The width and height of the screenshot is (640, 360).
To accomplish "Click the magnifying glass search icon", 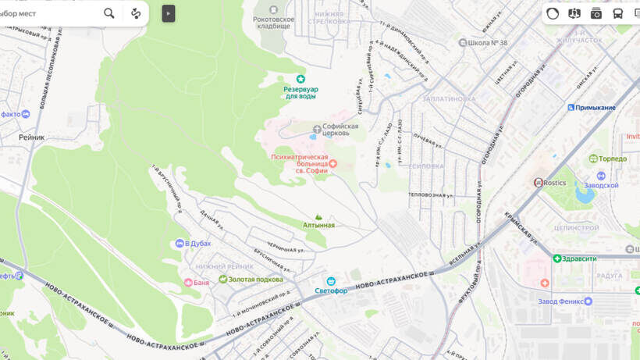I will [109, 13].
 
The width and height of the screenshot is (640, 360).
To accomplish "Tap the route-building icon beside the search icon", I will [136, 13].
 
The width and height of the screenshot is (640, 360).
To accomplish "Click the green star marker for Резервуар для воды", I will [300, 79].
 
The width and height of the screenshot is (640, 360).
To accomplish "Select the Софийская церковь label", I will [340, 129].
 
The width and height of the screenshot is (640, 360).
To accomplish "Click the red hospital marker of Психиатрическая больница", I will [332, 163].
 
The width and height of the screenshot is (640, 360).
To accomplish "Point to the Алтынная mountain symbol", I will [318, 217].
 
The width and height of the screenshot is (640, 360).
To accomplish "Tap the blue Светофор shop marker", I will [331, 281].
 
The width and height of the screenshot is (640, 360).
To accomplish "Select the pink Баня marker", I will [187, 282].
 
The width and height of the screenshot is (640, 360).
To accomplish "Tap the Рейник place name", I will [32, 137].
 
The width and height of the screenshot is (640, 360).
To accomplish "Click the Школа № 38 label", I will [489, 42].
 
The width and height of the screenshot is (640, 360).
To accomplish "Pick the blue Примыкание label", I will [596, 108].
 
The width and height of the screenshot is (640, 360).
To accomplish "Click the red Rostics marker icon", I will [538, 183].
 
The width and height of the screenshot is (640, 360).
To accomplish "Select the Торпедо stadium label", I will [613, 159].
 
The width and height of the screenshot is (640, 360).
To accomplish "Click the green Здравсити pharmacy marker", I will [557, 258].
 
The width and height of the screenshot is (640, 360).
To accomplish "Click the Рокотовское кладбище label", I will [273, 22].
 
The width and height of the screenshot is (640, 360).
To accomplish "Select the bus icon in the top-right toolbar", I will [617, 13].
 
